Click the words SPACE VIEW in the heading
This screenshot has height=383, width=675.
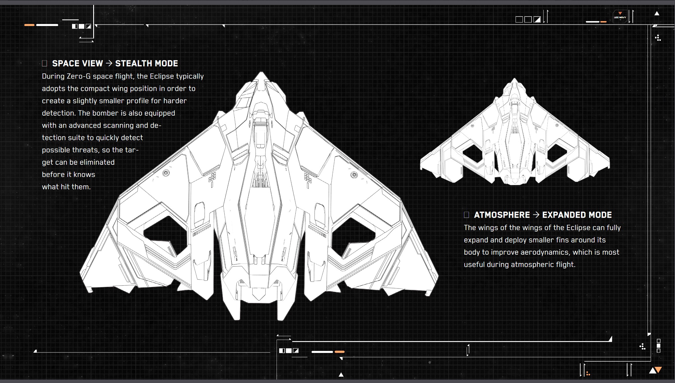[x=77, y=64]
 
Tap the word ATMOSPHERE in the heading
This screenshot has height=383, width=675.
[x=502, y=215]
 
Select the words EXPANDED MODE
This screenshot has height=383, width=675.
[x=577, y=215]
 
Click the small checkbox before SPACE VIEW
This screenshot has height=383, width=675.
[x=45, y=64]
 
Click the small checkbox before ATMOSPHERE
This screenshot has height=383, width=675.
[x=466, y=215]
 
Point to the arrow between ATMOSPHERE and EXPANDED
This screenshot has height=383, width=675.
[x=536, y=215]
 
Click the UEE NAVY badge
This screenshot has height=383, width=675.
[x=620, y=17]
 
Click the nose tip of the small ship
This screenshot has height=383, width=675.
[x=514, y=79]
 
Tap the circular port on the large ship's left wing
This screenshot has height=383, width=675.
[x=166, y=173]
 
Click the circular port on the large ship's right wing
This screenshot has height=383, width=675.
[x=354, y=175]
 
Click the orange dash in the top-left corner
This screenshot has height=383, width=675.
[x=29, y=25]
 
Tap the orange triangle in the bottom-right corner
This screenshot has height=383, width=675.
[x=659, y=370]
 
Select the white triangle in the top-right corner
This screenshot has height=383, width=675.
[x=657, y=13]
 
